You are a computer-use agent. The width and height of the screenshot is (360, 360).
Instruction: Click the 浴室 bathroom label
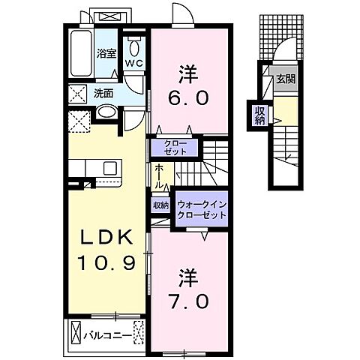pyautogui.click(x=105, y=53)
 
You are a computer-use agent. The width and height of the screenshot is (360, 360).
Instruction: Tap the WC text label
pyautogui.click(x=133, y=63)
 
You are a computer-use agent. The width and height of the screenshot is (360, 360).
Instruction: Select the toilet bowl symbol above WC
pyautogui.click(x=133, y=42)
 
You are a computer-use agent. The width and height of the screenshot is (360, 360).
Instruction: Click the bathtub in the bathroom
pyautogui.click(x=80, y=52)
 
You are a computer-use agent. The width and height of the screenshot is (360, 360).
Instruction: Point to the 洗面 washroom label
pyautogui.click(x=103, y=94)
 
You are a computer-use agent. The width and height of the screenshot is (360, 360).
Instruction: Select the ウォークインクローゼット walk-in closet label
pyautogui.click(x=201, y=209)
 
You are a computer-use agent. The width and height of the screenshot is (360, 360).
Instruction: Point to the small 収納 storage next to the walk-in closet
pyautogui.click(x=161, y=205)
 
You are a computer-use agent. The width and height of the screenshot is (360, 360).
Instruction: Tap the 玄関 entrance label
pyautogui.click(x=283, y=79)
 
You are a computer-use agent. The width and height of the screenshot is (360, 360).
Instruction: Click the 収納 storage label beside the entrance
pyautogui.click(x=259, y=116)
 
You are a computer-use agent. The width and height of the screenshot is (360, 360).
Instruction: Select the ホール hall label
pyautogui.click(x=160, y=178)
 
